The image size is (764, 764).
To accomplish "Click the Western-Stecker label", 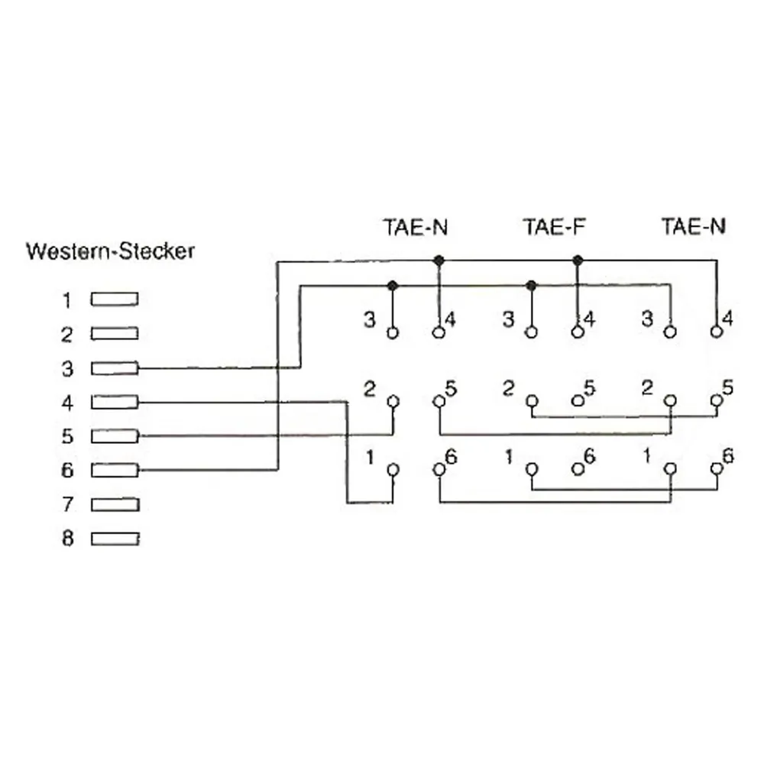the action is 110,251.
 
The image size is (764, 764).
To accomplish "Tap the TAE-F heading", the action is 554,227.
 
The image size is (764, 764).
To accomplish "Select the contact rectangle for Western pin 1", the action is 115,299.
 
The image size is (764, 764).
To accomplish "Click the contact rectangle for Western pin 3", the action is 115,368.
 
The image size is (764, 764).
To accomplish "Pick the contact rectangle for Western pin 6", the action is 115,470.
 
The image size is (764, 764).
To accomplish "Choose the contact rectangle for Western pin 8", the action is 115,539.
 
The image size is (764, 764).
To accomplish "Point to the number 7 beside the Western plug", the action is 68,504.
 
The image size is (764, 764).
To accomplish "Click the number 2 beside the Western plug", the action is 67,335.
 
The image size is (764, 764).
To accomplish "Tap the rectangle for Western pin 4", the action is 115,403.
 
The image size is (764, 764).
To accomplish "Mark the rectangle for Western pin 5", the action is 115,436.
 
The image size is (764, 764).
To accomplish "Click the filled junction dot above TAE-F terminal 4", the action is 578,261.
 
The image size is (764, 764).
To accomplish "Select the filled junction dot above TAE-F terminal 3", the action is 532,286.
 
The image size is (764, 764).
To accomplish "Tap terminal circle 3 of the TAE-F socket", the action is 532,333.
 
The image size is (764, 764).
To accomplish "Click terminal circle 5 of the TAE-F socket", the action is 578,401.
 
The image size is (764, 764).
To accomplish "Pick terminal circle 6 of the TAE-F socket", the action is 578,469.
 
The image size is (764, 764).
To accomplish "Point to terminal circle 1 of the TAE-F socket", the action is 532,469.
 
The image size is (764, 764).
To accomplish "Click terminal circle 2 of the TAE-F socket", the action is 532,401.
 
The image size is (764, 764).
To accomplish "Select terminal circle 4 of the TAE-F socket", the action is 578,332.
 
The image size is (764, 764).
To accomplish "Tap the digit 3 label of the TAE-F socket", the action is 509,319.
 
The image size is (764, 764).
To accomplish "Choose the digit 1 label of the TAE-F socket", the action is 509,457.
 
